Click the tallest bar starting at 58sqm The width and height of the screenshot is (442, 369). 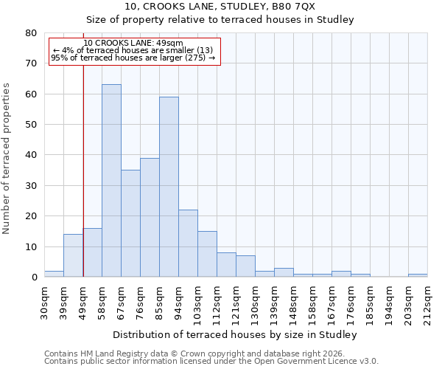click(x=111, y=181)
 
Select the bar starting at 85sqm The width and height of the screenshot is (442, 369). click(x=169, y=187)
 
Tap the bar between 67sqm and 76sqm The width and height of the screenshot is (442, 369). click(x=130, y=224)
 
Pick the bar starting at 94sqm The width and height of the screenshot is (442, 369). click(x=188, y=244)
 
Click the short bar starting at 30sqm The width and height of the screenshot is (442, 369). click(x=54, y=274)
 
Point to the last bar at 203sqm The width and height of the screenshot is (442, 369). click(x=418, y=275)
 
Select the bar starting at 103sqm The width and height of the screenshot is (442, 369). click(x=207, y=254)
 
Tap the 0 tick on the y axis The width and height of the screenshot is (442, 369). click(x=34, y=277)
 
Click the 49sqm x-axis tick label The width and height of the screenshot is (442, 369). click(x=83, y=299)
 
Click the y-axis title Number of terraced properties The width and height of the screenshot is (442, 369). click(x=7, y=158)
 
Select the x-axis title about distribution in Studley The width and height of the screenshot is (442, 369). click(x=236, y=335)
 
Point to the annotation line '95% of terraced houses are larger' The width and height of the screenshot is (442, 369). click(x=133, y=58)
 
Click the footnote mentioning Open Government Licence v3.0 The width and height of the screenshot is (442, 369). click(x=211, y=362)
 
